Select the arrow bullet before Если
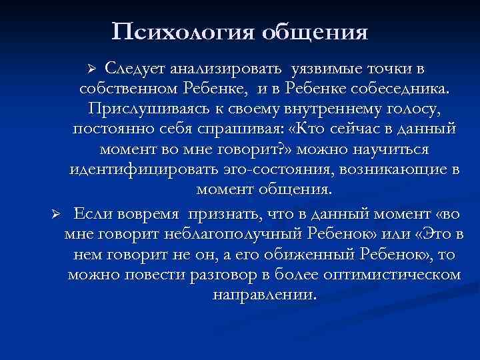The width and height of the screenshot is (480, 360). [57, 214]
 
